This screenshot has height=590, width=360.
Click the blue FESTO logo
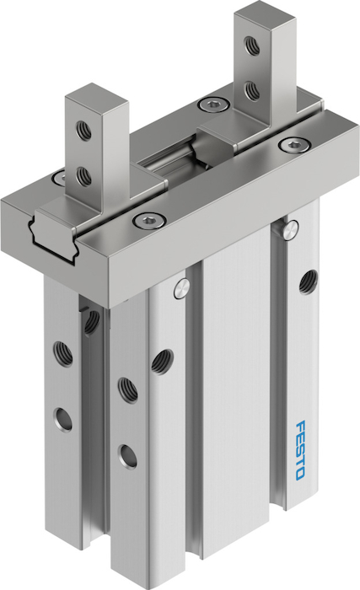tap(300, 450)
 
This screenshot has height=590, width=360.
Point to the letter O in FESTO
tap(300, 474)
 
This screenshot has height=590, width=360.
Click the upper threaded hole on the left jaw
tap(83, 131)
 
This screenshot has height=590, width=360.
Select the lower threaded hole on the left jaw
tap(84, 177)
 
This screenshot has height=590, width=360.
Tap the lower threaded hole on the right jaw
tap(251, 89)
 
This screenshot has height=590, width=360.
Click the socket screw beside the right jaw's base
tap(214, 105)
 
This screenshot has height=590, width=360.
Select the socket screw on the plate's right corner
tap(294, 144)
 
